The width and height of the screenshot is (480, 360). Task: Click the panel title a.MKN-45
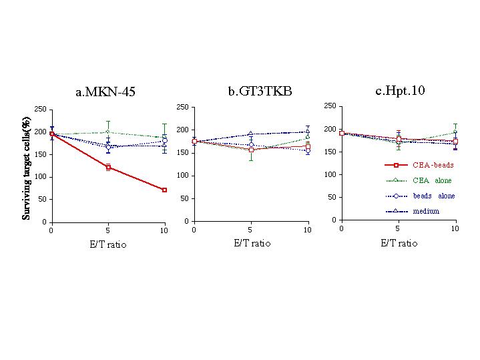point(105,92)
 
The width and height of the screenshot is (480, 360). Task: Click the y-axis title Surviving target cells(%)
point(27,166)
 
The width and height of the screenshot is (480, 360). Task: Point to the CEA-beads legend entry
point(433,164)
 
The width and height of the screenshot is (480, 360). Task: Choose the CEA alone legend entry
point(433,180)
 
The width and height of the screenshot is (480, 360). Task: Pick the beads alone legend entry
point(433,196)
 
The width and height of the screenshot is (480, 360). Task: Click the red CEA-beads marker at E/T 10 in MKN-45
point(164,190)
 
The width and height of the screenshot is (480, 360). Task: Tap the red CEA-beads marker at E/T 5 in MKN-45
point(108,167)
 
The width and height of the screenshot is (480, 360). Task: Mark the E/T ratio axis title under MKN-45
point(107,244)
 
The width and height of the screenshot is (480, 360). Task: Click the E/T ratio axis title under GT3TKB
point(252,243)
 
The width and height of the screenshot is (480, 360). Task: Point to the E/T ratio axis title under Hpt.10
point(399,243)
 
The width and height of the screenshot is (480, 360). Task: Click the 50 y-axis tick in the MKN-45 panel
point(42,199)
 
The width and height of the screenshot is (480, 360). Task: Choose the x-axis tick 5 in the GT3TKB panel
point(250,230)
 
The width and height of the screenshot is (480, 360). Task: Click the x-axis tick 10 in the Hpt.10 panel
point(455,228)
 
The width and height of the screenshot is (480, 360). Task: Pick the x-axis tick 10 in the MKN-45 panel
point(164,230)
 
